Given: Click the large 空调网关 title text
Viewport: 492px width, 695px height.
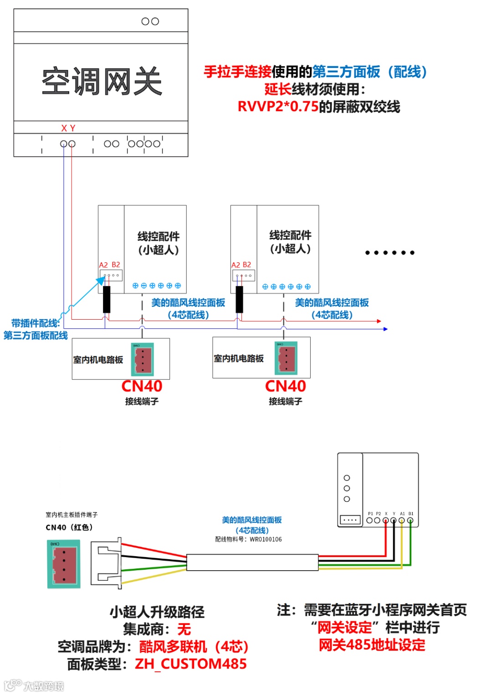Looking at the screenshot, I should [102, 82].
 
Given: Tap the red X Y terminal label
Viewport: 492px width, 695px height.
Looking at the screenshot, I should [68, 128].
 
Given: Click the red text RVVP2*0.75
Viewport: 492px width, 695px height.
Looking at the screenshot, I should [278, 107].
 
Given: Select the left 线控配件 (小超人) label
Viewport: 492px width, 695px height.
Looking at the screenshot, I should [158, 243].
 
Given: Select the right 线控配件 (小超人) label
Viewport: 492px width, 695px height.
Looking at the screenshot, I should [290, 241].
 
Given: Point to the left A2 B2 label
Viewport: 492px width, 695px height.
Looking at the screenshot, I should [109, 265].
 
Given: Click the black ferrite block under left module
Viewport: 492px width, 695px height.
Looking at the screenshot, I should [107, 299].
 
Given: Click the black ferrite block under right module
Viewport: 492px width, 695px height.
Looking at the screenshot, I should [239, 299].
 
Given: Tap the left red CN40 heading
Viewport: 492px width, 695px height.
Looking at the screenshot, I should [142, 386].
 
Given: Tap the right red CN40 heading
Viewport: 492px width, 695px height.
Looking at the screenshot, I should [285, 386].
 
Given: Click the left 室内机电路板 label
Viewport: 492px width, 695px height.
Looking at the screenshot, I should [98, 360].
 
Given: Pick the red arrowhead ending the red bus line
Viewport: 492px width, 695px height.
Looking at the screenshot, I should [379, 321].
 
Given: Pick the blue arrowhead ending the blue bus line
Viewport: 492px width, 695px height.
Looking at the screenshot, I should [385, 329].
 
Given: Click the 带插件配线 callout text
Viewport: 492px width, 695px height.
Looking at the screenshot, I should [36, 323].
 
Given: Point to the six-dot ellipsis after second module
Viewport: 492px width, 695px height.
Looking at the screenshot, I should [389, 253].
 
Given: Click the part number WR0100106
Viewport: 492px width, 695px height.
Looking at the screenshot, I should [266, 539].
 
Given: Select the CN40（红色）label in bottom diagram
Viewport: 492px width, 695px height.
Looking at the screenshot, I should [69, 527].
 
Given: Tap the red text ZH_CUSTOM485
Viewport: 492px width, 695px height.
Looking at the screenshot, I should [190, 664].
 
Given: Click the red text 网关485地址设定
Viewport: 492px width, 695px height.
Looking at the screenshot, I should [372, 645].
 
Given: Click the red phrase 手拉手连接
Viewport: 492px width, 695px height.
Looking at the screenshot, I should [237, 72].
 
